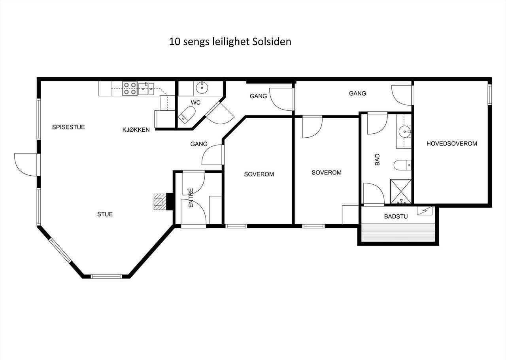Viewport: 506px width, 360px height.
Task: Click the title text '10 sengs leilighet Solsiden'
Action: pyautogui.click(x=230, y=42)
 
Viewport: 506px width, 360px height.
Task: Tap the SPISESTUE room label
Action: pyautogui.click(x=68, y=127)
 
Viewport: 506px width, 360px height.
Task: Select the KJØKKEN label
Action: pyautogui.click(x=136, y=130)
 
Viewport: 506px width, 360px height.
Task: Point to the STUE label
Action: pyautogui.click(x=105, y=214)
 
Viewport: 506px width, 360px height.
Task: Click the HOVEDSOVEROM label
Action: pyautogui.click(x=452, y=143)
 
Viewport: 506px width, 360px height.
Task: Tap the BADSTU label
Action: pyautogui.click(x=396, y=216)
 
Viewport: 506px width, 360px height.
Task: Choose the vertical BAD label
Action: pyautogui.click(x=377, y=160)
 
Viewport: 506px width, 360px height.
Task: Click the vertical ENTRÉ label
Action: pyautogui.click(x=191, y=198)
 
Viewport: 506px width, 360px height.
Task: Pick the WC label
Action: pyautogui.click(x=195, y=103)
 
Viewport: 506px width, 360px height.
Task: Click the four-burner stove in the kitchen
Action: pyautogui.click(x=130, y=88)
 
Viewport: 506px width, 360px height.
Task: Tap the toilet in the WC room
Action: pyautogui.click(x=187, y=115)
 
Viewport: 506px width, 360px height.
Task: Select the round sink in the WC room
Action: pyautogui.click(x=202, y=87)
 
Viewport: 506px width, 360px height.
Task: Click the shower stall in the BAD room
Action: pyautogui.click(x=401, y=191)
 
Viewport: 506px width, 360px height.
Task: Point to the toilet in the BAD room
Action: pyautogui.click(x=402, y=165)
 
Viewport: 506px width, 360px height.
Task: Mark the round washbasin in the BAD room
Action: pyautogui.click(x=404, y=132)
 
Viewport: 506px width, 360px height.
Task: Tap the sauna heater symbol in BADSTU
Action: pyautogui.click(x=425, y=211)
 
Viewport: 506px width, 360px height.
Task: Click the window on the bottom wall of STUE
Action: pyautogui.click(x=106, y=277)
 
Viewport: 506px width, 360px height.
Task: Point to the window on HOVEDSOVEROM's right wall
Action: pyautogui.click(x=489, y=95)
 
